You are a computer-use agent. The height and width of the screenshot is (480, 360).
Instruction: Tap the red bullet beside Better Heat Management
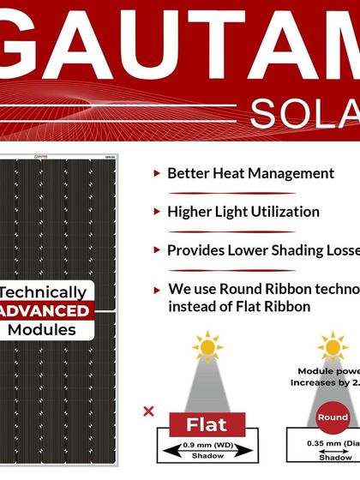pyautogui.click(x=156, y=173)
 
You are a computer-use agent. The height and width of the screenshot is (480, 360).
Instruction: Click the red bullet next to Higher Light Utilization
pyautogui.click(x=156, y=212)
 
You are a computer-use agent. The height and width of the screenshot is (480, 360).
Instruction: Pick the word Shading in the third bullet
pyautogui.click(x=291, y=250)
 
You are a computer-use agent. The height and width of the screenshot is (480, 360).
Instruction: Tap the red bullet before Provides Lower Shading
pyautogui.click(x=156, y=250)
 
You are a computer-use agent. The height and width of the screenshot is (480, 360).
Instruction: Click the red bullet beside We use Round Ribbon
pyautogui.click(x=156, y=290)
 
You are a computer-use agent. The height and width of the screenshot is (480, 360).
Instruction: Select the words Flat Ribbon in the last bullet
pyautogui.click(x=271, y=306)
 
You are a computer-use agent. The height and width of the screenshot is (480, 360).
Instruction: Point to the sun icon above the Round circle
pyautogui.click(x=333, y=347)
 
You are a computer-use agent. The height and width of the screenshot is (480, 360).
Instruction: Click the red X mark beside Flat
pyautogui.click(x=148, y=411)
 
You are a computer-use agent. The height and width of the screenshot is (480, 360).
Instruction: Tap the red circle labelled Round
pyautogui.click(x=333, y=417)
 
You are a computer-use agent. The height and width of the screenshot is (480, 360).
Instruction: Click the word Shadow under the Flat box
pyautogui.click(x=207, y=457)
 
